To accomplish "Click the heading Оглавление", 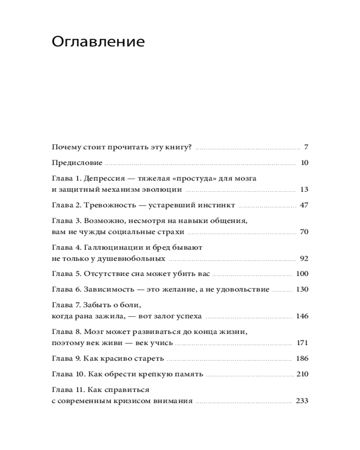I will click(98, 42).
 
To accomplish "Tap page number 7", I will click(306, 147).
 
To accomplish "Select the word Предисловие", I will click(77, 162).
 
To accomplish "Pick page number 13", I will click(304, 189).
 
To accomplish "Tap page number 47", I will click(304, 205).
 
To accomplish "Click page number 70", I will click(304, 232).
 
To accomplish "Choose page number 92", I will click(304, 258).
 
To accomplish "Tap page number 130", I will click(302, 289).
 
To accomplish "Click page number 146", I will click(302, 316).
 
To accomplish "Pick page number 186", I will click(302, 359).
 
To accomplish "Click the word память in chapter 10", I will click(190, 374).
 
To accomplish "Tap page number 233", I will click(302, 401).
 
